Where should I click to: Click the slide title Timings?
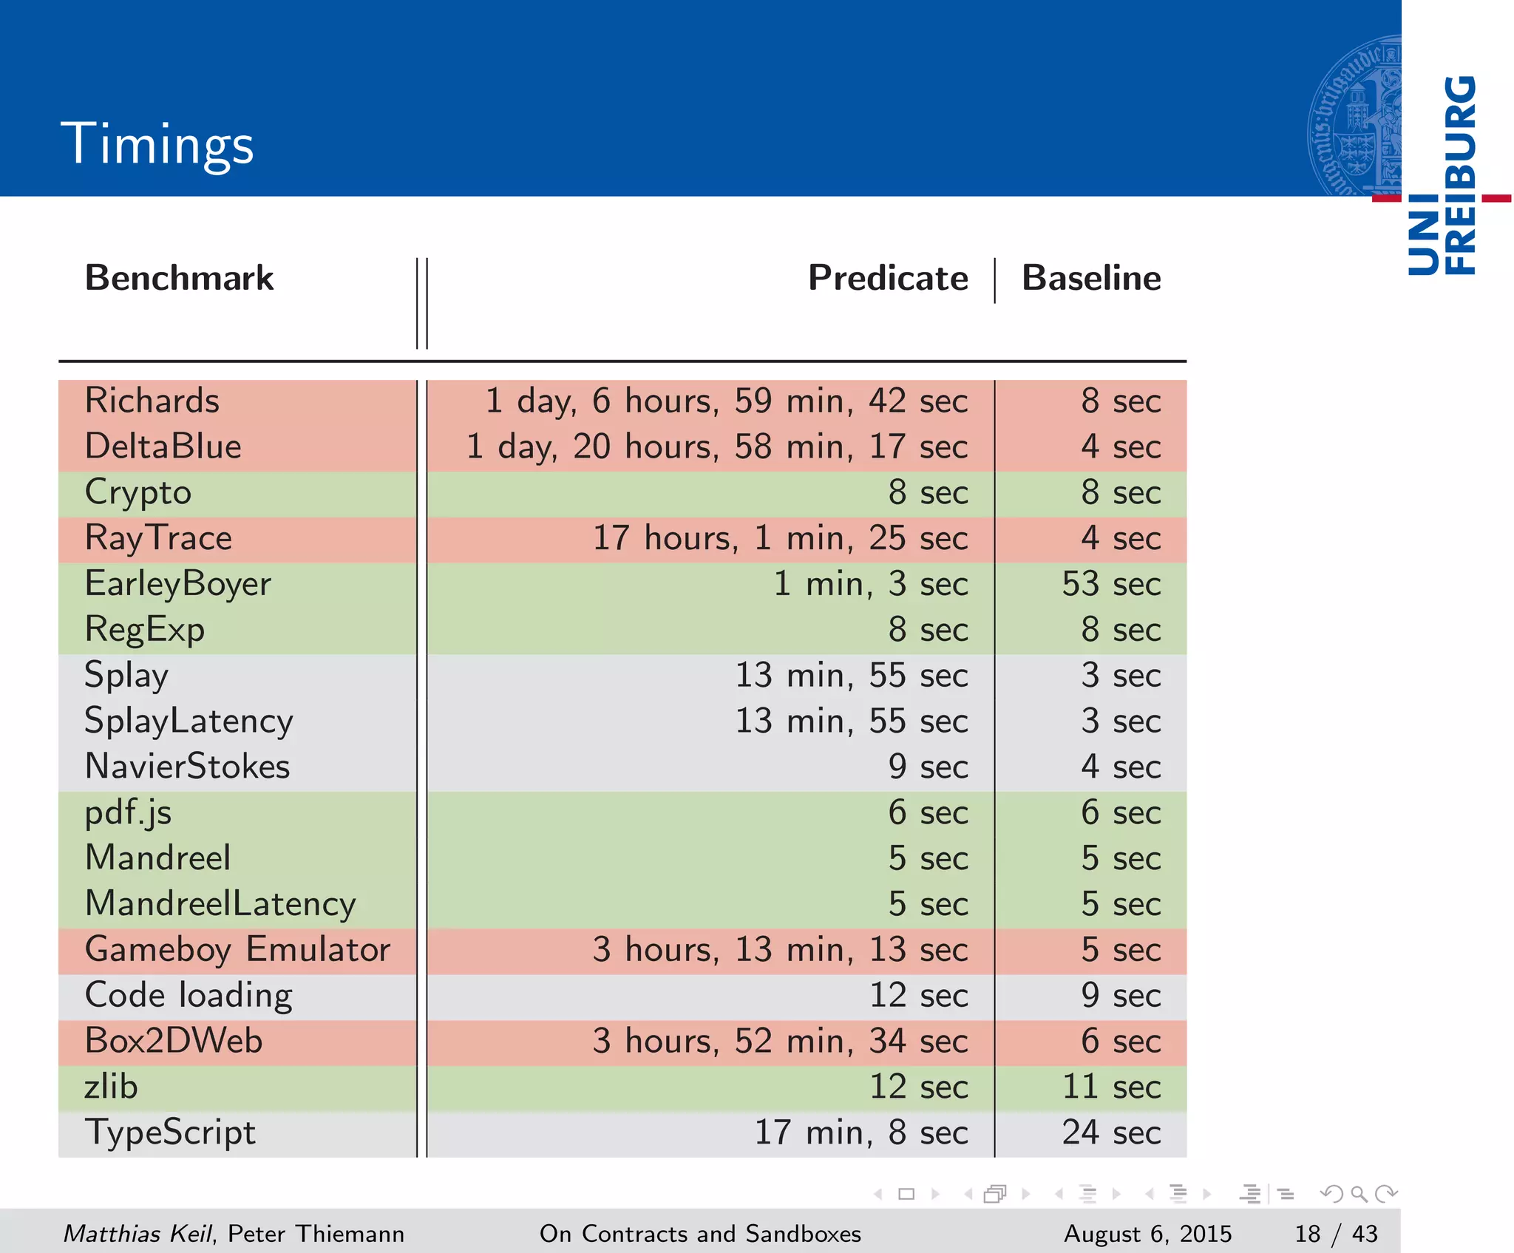pyautogui.click(x=157, y=143)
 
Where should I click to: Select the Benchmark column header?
pyautogui.click(x=179, y=279)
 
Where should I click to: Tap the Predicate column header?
pyautogui.click(x=888, y=279)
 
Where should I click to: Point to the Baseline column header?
pyautogui.click(x=1091, y=279)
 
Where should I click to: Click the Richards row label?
pyautogui.click(x=152, y=401)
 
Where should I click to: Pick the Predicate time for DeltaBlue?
pyautogui.click(x=717, y=446)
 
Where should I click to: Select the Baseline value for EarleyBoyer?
pyautogui.click(x=1111, y=584)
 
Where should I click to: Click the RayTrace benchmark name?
pyautogui.click(x=158, y=538)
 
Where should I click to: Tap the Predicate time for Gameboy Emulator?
pyautogui.click(x=780, y=950)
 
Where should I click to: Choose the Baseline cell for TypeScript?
pyautogui.click(x=1111, y=1133)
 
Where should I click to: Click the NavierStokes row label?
pyautogui.click(x=187, y=767)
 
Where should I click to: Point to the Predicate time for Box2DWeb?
pyautogui.click(x=780, y=1042)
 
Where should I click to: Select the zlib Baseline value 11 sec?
pyautogui.click(x=1111, y=1087)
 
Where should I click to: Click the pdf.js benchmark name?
pyautogui.click(x=128, y=813)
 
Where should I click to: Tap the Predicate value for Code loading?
pyautogui.click(x=918, y=996)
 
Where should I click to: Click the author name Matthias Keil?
pyautogui.click(x=138, y=1234)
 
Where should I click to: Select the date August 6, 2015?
pyautogui.click(x=1147, y=1234)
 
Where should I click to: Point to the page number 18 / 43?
pyautogui.click(x=1336, y=1234)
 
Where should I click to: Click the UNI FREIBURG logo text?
pyautogui.click(x=1442, y=176)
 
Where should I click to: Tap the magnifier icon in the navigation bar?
pyautogui.click(x=1359, y=1194)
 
